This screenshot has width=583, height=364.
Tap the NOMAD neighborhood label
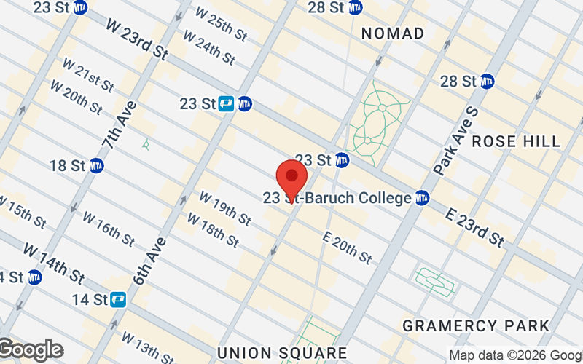[392, 33]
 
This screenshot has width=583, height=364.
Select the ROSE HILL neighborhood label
[516, 141]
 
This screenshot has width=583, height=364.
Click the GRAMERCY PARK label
[475, 325]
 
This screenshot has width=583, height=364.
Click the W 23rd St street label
[137, 39]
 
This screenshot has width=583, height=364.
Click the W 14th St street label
[55, 262]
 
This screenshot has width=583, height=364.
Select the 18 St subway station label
[68, 165]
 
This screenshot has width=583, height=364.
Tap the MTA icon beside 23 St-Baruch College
[421, 198]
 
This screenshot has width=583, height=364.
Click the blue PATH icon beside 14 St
[118, 298]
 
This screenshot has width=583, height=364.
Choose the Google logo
[31, 350]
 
